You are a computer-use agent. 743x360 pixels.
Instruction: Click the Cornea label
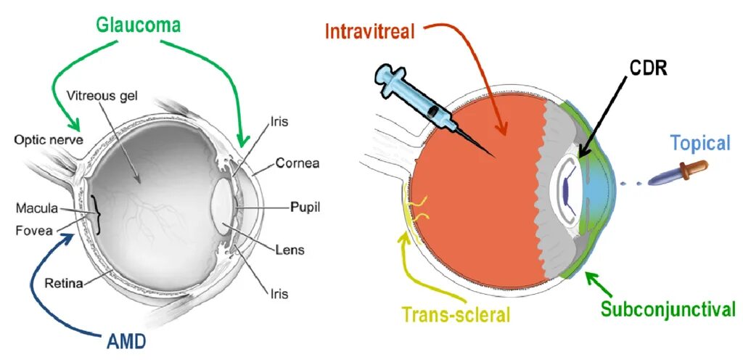tap(295, 163)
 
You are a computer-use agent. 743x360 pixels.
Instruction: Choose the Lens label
tap(290, 250)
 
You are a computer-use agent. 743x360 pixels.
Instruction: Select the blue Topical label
tap(699, 142)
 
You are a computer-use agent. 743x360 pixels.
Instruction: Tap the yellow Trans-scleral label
tap(456, 315)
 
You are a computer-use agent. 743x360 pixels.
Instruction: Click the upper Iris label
tap(278, 122)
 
